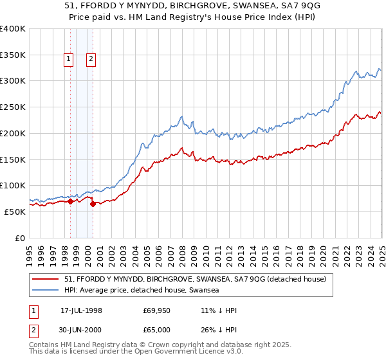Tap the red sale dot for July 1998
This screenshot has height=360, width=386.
(x=70, y=201)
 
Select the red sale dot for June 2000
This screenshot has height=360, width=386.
(x=93, y=204)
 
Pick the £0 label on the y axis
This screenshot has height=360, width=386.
(x=21, y=238)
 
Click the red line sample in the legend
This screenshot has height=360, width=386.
(x=46, y=279)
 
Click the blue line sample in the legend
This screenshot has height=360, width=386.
(x=46, y=291)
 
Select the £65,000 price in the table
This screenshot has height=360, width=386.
(x=156, y=330)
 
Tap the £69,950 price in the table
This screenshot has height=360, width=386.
(x=156, y=310)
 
